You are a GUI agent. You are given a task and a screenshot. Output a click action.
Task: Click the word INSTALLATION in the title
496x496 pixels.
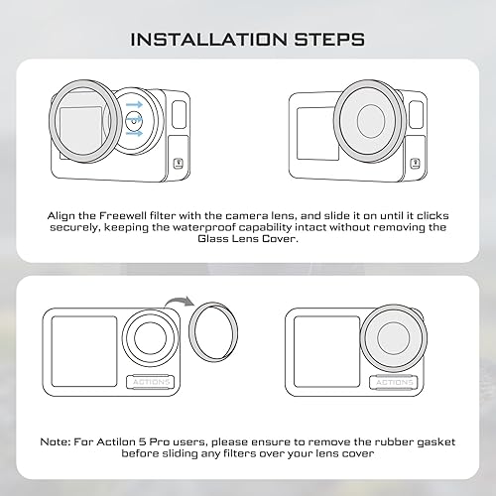(x=209, y=40)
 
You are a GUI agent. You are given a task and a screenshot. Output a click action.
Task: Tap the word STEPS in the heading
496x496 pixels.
(x=329, y=40)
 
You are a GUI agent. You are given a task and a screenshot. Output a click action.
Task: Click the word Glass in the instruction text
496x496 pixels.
(x=212, y=238)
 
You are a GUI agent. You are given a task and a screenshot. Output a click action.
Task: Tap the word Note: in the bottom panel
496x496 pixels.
(x=56, y=441)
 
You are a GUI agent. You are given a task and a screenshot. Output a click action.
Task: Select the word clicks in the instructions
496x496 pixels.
(x=433, y=215)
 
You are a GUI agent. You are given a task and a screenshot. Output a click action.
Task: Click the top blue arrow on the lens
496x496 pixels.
(x=134, y=105)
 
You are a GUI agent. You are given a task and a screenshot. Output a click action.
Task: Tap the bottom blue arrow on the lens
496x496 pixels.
(x=134, y=133)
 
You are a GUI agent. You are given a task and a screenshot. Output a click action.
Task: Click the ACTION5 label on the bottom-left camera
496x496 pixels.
(x=151, y=382)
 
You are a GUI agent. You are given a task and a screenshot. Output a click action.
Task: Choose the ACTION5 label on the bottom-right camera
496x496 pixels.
(x=394, y=382)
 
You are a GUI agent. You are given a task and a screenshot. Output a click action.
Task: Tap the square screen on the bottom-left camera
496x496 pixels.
(x=84, y=351)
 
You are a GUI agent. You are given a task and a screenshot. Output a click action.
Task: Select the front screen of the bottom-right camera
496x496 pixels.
(x=326, y=351)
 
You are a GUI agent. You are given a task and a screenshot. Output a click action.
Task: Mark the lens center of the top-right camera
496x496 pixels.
(x=371, y=121)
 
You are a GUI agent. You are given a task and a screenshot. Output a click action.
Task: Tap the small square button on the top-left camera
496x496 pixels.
(x=179, y=164)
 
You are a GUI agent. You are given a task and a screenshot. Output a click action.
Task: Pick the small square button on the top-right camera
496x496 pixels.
(x=415, y=164)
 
